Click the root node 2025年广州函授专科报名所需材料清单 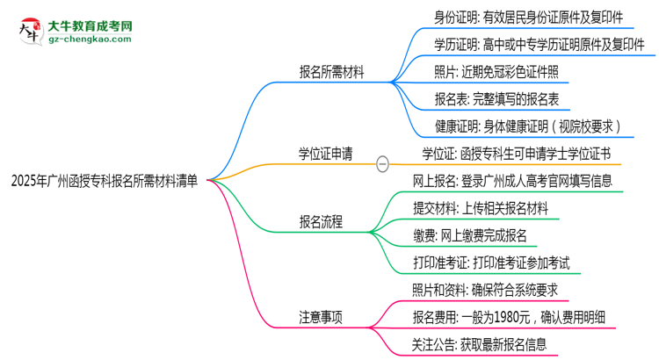104,182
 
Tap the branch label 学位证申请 325,155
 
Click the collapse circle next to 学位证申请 382,163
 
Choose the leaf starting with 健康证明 528,126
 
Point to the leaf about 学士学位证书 520,155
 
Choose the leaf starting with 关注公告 478,344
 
